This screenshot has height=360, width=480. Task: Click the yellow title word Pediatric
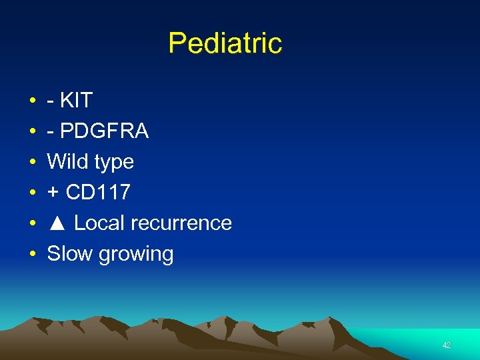[225, 44]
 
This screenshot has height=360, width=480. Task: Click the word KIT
[76, 101]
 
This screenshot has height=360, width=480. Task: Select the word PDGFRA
[104, 131]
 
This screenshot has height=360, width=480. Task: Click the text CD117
[97, 193]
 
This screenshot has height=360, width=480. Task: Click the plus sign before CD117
[53, 193]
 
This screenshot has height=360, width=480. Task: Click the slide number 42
[447, 345]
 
